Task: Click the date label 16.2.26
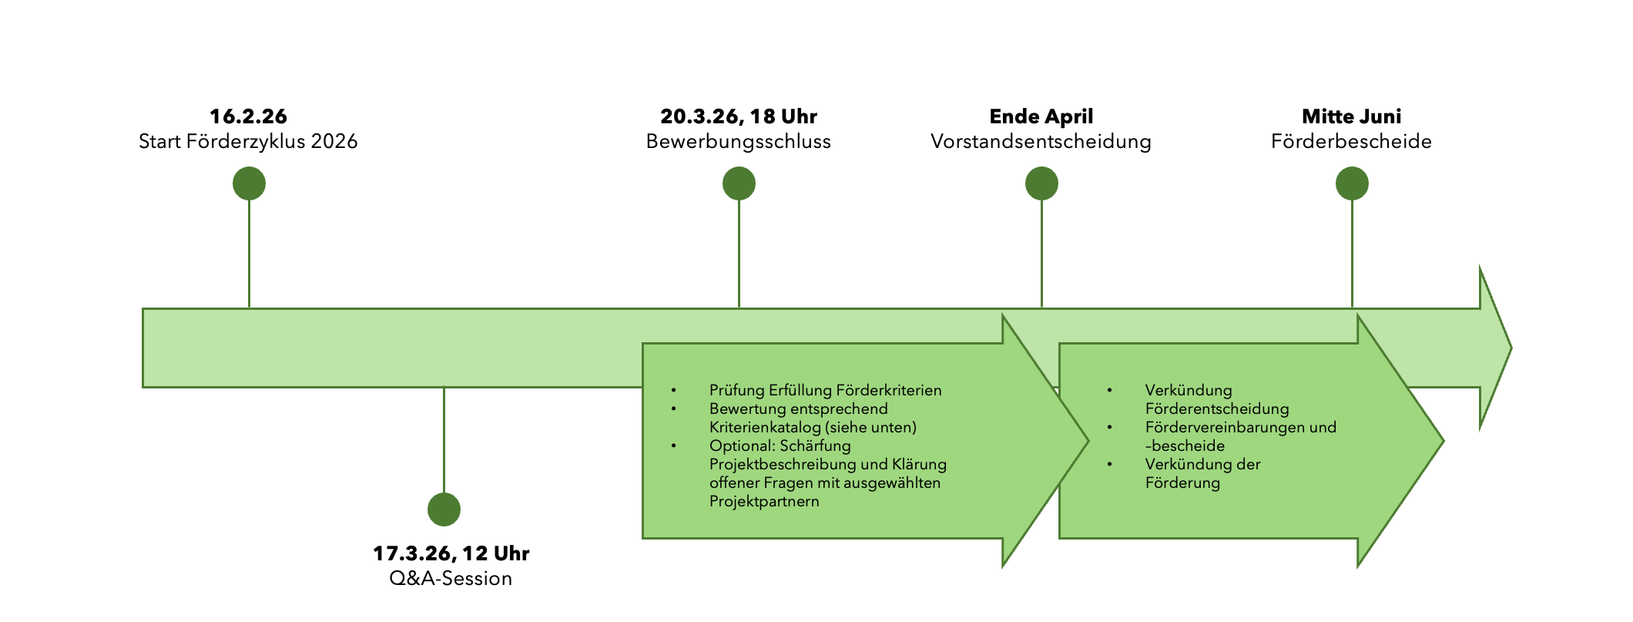coord(248,116)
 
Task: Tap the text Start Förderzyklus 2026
coord(248,142)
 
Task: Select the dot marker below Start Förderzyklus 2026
coord(249,183)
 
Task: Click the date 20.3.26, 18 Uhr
coord(738,116)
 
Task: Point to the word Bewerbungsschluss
coord(738,142)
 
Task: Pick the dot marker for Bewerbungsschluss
coord(739,183)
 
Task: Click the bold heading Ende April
coord(1041,116)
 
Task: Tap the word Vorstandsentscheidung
coord(1041,142)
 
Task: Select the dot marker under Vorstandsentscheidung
coord(1041,183)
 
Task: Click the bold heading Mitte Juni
coord(1351,116)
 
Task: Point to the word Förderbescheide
coord(1351,142)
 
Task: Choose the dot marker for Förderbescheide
coord(1352,183)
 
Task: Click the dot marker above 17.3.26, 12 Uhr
coord(444,509)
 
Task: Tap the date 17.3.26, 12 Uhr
coord(451,553)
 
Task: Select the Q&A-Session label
coord(451,579)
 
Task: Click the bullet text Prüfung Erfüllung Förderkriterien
coord(825,390)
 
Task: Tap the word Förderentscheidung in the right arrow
coord(1216,409)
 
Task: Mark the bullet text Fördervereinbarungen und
coord(1240,427)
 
